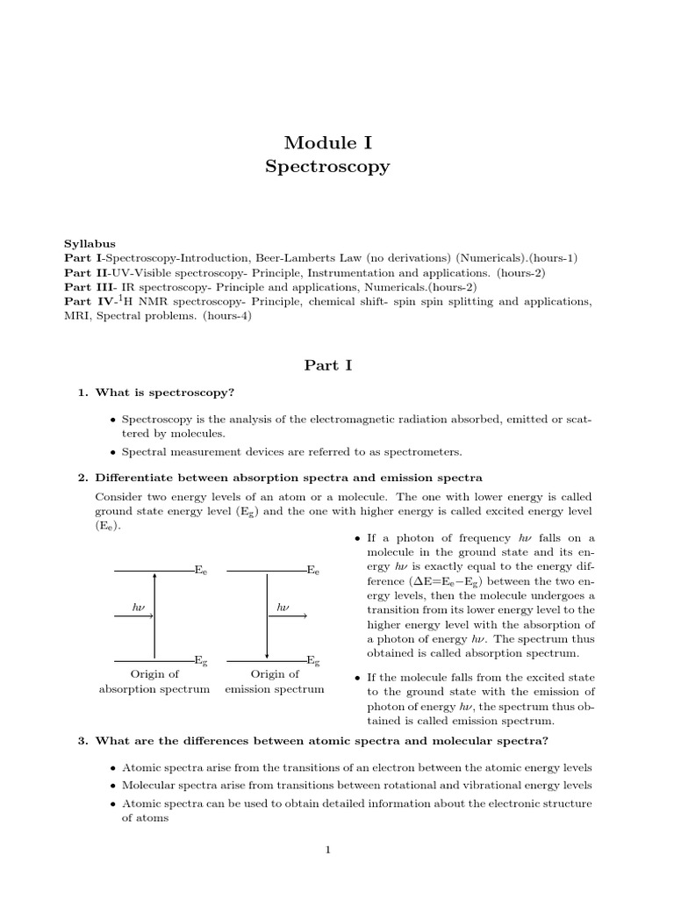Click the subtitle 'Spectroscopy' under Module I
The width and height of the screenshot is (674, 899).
[327, 166]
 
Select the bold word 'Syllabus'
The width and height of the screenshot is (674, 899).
[90, 243]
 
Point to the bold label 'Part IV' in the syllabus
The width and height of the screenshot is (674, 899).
[85, 302]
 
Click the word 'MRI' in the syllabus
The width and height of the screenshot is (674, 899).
[76, 316]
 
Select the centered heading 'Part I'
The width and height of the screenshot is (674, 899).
[327, 365]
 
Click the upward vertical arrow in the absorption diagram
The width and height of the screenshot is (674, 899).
[154, 615]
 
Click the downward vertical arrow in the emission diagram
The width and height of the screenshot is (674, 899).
[267, 615]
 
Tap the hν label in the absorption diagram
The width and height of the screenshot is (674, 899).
[139, 607]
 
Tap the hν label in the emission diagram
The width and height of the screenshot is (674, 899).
[283, 607]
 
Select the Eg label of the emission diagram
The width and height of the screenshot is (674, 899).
[312, 659]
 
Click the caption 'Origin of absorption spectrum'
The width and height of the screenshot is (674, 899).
[154, 681]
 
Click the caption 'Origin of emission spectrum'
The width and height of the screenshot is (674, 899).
[274, 681]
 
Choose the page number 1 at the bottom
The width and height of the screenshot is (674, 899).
[327, 849]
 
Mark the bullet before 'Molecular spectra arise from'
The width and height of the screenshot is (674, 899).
[114, 786]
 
